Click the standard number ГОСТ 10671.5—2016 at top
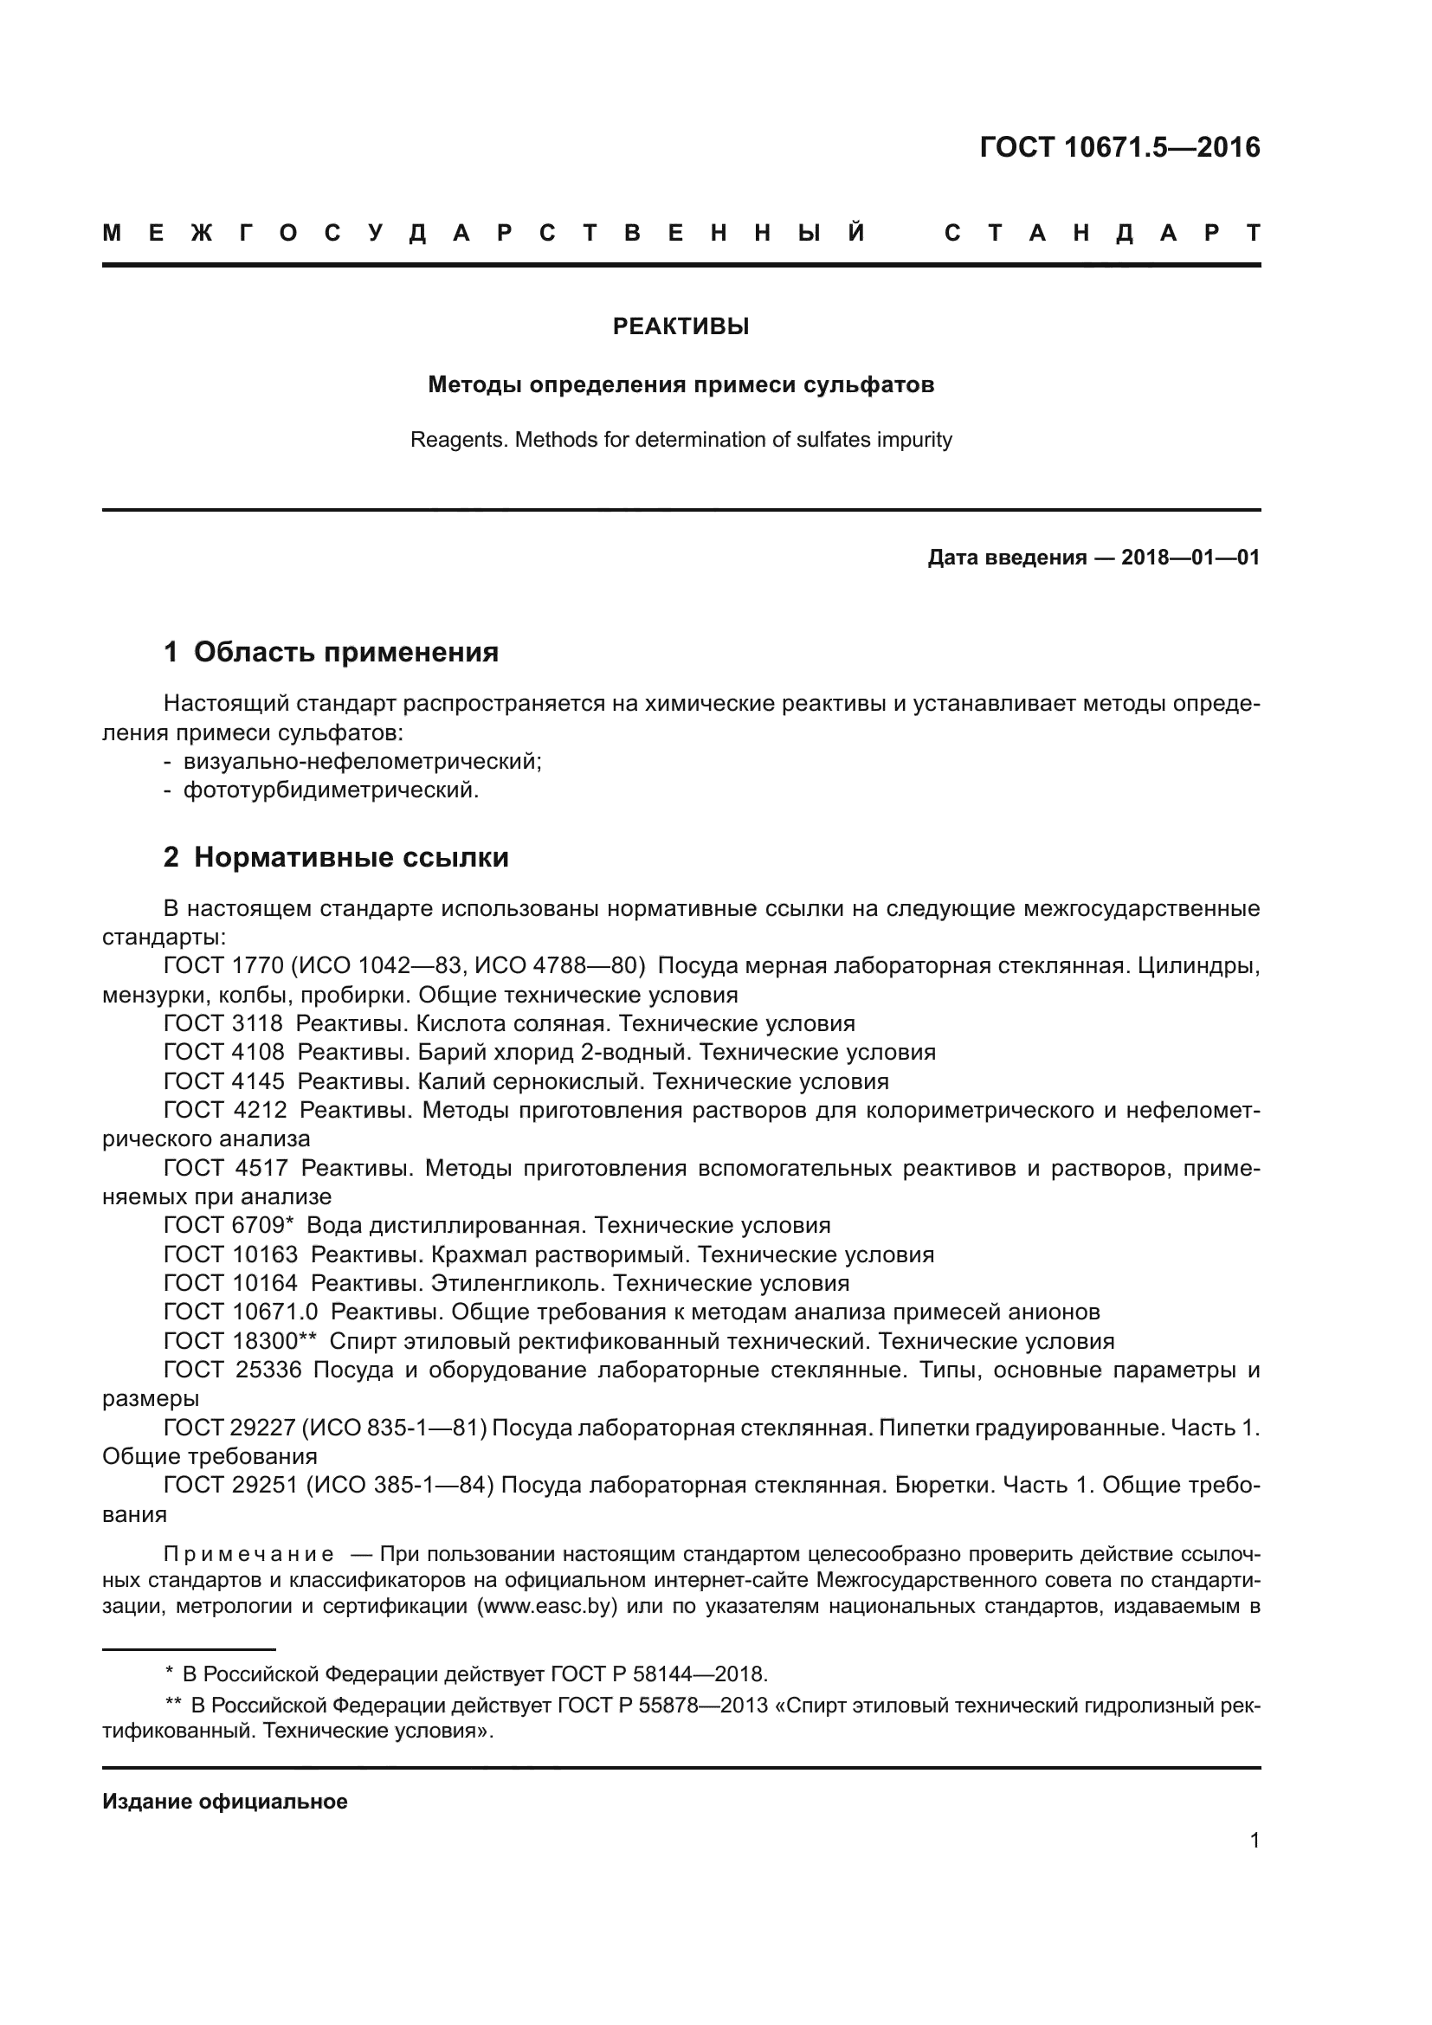click(x=1119, y=147)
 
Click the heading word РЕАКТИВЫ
click(x=681, y=326)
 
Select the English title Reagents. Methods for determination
click(x=681, y=439)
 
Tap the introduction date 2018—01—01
click(x=1190, y=558)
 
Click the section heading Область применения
click(x=345, y=652)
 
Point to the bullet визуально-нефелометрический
click(x=362, y=761)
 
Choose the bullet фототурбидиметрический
click(x=330, y=790)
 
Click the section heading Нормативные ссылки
click(x=351, y=856)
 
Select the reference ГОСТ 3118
click(x=224, y=1024)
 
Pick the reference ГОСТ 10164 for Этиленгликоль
click(x=231, y=1282)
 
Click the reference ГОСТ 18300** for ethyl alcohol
click(x=240, y=1340)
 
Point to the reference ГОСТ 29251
click(x=231, y=1486)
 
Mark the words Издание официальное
click(x=225, y=1802)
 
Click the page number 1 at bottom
click(x=1255, y=1841)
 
